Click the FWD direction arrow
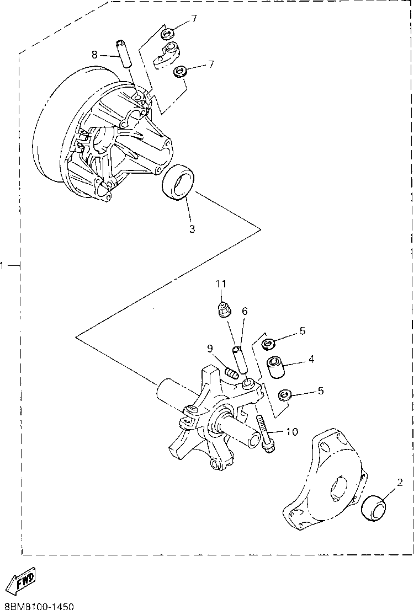pos(20,580)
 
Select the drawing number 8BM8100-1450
pos(39,606)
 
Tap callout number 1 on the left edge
pos(3,266)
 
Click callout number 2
pos(400,482)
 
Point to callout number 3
pos(192,229)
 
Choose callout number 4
pos(311,359)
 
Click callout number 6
pos(245,311)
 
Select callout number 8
pos(94,54)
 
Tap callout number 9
pos(210,348)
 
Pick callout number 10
pos(291,431)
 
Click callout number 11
pos(221,283)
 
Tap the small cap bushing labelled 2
pos(374,507)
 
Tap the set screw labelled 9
pos(231,373)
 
